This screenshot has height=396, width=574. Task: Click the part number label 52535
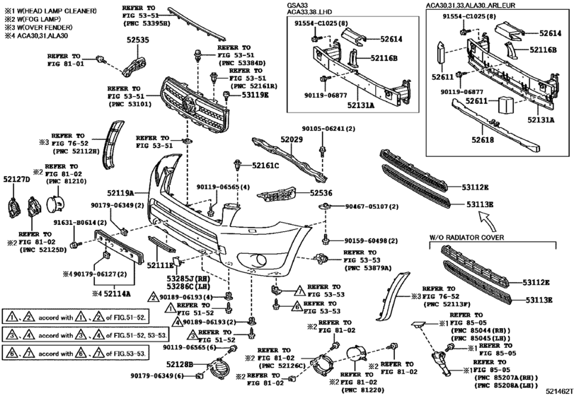pos(138,40)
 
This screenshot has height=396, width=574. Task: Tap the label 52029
pos(290,141)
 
